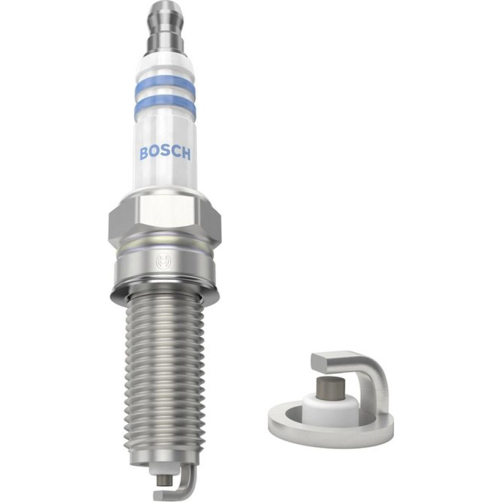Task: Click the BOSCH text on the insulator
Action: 165,153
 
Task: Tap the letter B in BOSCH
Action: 144,153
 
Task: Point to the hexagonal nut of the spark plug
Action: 164,218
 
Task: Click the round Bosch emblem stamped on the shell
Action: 164,263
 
